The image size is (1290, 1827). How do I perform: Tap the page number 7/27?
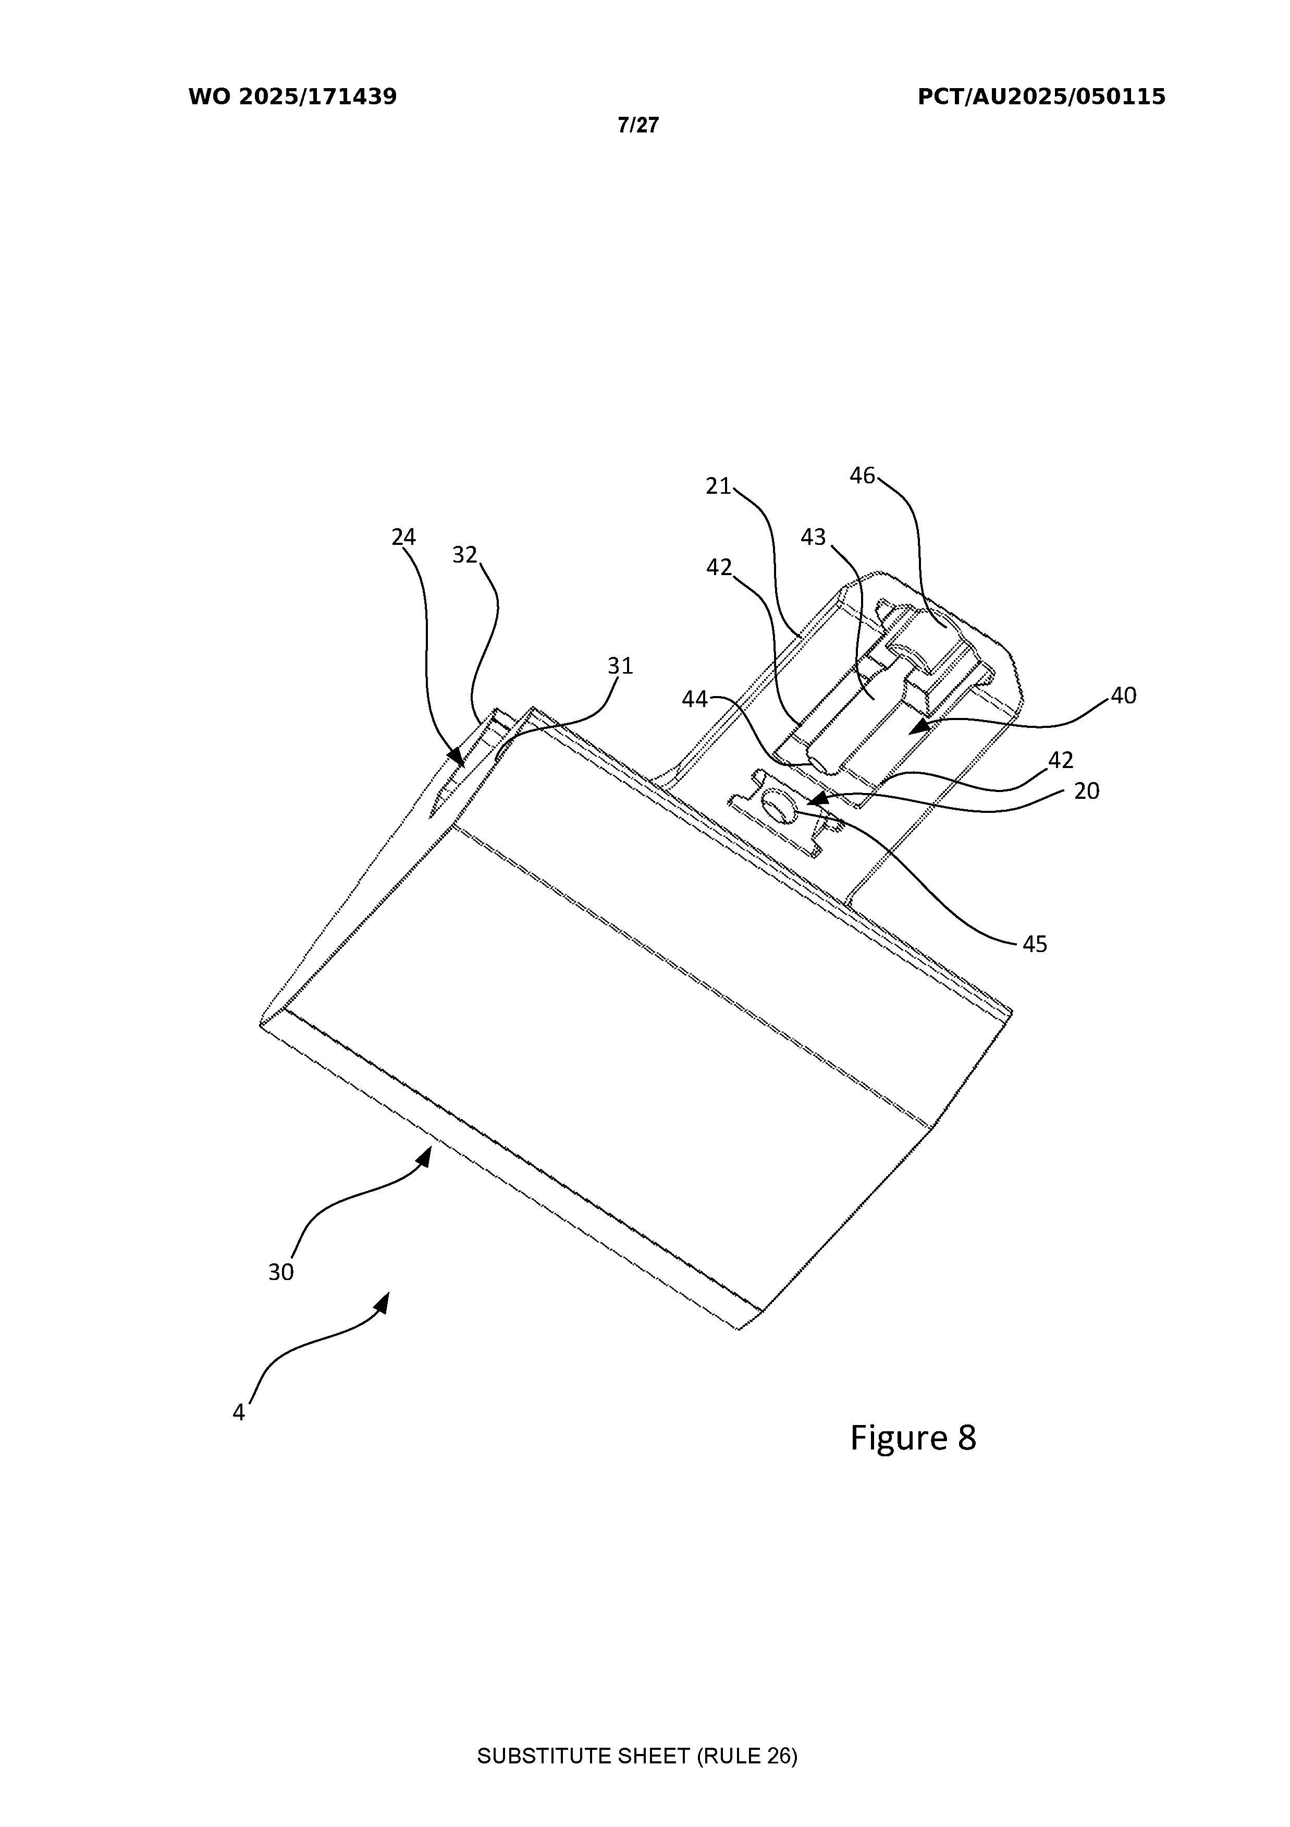(x=638, y=125)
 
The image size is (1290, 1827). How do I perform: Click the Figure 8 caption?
(x=913, y=1438)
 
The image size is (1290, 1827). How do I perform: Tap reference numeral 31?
(x=620, y=665)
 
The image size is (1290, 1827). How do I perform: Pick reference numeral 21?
(x=718, y=486)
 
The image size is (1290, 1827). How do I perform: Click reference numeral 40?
(x=1123, y=696)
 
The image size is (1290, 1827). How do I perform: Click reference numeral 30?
(x=281, y=1272)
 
